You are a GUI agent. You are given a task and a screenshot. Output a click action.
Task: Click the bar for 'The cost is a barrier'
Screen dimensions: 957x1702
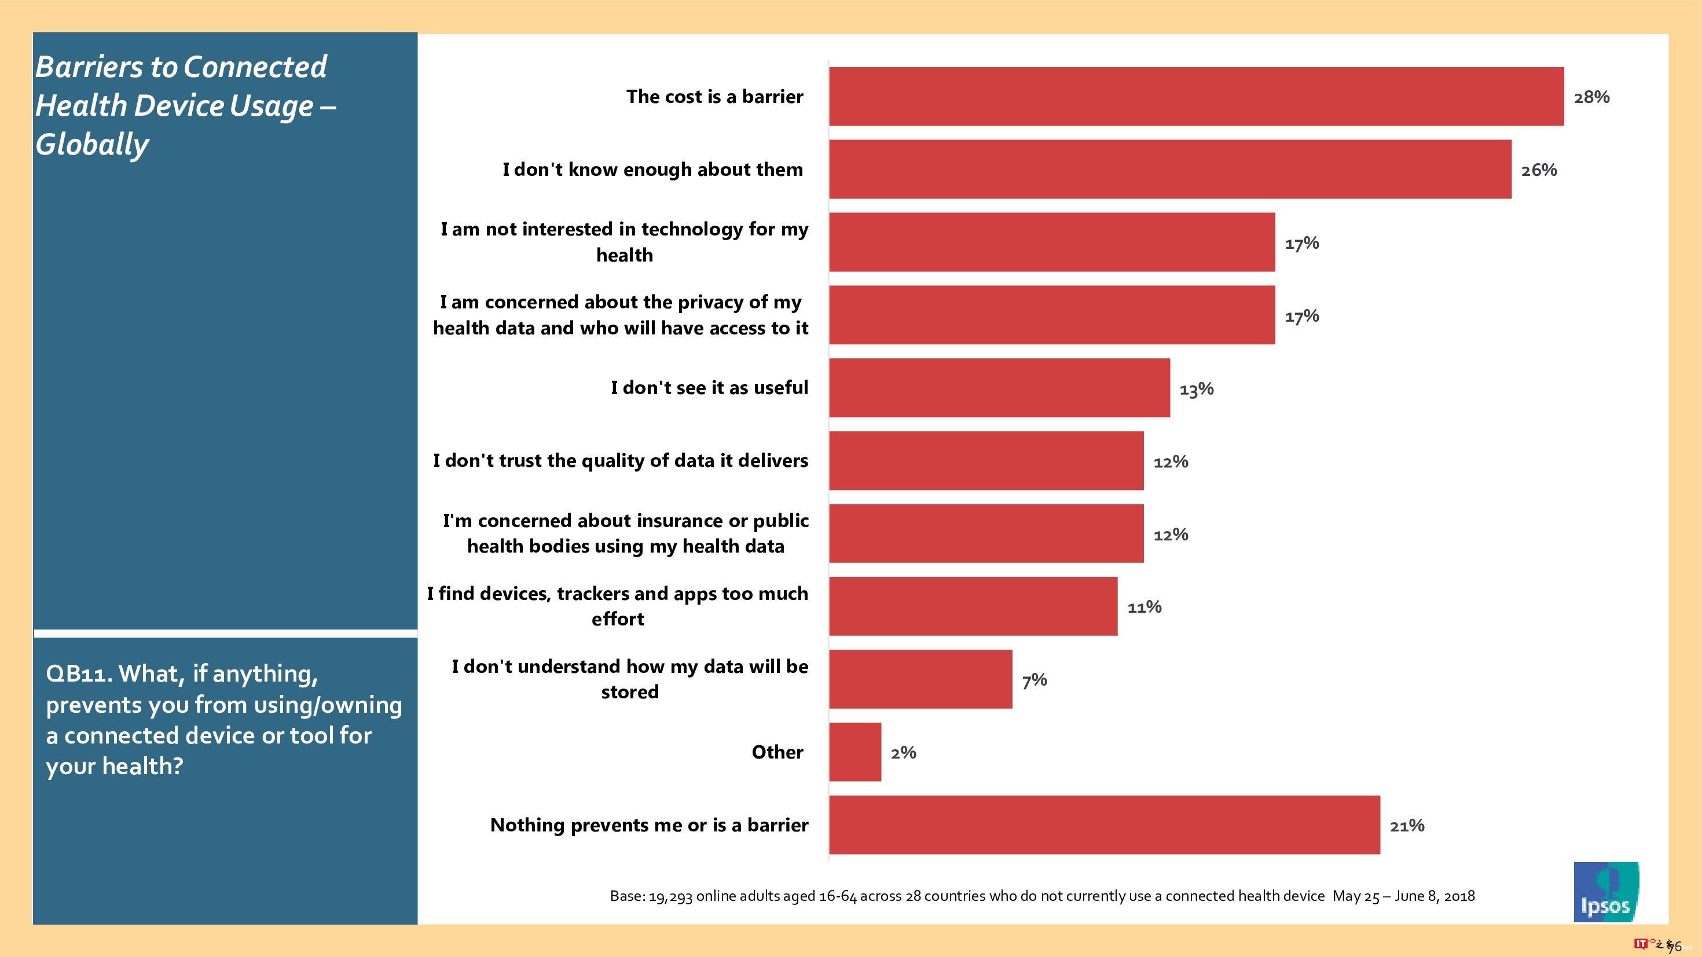pos(1196,97)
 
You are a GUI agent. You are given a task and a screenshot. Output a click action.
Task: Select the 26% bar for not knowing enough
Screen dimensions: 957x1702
pos(1169,169)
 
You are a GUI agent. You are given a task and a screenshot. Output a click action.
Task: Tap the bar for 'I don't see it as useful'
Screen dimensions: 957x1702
pos(999,388)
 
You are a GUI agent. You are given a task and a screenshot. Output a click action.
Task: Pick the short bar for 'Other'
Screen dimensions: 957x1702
pos(855,752)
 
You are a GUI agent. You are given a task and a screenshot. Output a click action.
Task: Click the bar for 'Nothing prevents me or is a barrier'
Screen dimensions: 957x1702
pos(1104,825)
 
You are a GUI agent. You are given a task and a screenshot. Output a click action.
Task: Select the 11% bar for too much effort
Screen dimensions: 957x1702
pos(973,606)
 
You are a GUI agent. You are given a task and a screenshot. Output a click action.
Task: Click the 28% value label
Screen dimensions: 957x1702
pos(1591,97)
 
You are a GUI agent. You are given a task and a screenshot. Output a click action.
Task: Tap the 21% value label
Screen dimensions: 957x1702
pos(1407,826)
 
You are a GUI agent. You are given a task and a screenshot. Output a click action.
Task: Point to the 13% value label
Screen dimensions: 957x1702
pos(1197,389)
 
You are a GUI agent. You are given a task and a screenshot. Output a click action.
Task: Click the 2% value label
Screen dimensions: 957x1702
pos(903,753)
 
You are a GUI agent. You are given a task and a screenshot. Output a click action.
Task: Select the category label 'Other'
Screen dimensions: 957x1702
pos(777,752)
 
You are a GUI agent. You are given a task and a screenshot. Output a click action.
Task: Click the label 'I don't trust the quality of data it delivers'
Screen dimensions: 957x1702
pos(621,461)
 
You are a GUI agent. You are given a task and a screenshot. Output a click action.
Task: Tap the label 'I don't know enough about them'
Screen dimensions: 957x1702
pos(652,170)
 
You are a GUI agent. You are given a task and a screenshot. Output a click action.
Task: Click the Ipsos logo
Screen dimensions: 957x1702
pos(1605,892)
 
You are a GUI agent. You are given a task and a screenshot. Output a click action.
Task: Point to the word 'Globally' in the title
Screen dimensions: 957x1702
pos(92,144)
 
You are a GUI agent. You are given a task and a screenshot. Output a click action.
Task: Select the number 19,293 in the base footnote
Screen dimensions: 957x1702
pos(670,896)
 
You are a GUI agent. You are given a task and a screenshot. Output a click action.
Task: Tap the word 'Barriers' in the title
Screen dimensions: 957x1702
pos(89,67)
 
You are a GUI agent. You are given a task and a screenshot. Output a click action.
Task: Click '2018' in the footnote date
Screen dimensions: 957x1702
pos(1459,896)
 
